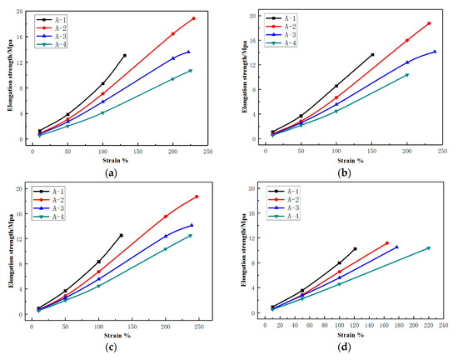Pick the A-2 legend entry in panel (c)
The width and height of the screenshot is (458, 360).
(x=55, y=200)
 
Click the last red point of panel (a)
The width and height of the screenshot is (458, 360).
(x=193, y=18)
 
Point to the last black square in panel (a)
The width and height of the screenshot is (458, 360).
(x=125, y=56)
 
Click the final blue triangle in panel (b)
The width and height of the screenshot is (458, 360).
(x=435, y=52)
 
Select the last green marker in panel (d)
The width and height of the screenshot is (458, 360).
(x=429, y=248)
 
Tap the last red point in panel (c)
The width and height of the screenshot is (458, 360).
(x=197, y=197)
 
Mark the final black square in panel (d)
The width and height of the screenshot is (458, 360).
(x=355, y=248)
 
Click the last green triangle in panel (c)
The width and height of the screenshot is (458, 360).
(x=190, y=236)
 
